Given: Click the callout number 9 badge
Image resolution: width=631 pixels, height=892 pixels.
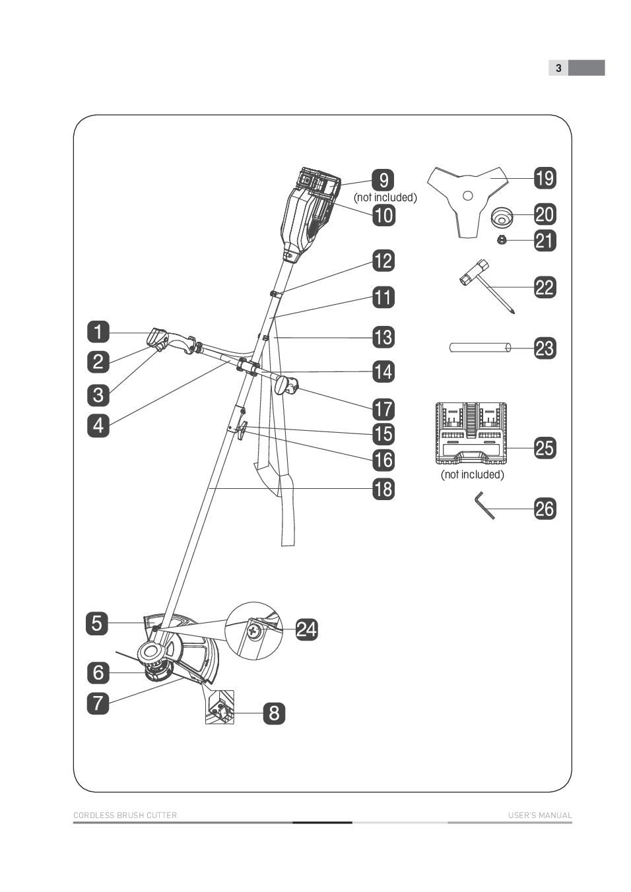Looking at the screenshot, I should tap(383, 180).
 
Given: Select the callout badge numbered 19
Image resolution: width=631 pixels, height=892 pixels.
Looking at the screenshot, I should tap(545, 178).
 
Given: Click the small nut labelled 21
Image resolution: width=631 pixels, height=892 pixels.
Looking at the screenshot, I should tap(501, 240).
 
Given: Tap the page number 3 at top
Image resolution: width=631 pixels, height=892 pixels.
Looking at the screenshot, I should tap(558, 68).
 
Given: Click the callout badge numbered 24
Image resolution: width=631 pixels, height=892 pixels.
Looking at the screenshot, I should tap(306, 629).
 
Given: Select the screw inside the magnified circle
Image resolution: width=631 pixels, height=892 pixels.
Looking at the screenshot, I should tap(254, 631).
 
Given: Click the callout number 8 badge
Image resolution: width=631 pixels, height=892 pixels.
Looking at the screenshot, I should tap(274, 713).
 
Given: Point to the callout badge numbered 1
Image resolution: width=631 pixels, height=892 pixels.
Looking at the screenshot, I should tap(98, 331).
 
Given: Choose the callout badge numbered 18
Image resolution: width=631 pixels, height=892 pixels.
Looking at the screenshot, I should tap(383, 489).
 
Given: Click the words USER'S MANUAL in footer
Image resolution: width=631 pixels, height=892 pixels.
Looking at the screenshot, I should tap(539, 815).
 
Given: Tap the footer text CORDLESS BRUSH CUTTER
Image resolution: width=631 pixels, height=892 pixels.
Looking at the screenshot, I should tap(125, 815).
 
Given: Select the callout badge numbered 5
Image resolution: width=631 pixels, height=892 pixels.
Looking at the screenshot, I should tap(97, 623).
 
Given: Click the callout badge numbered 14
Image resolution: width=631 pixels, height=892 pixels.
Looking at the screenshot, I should tap(383, 371).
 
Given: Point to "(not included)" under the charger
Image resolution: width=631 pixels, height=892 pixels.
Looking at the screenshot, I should tap(472, 475).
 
